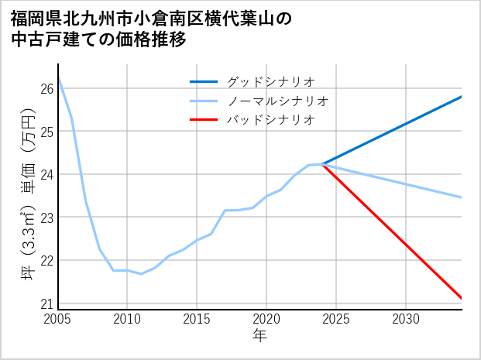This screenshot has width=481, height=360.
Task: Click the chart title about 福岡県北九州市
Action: (x=151, y=29)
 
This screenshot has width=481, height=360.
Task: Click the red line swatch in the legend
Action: (x=204, y=120)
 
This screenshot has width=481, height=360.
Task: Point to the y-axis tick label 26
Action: (x=46, y=89)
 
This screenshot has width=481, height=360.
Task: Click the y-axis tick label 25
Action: (x=46, y=132)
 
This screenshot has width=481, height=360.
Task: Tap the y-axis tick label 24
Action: (x=46, y=175)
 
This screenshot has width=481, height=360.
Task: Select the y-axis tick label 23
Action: (x=46, y=218)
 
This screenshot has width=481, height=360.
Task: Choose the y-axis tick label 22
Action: (x=46, y=261)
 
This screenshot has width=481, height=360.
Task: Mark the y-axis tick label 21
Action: (x=46, y=303)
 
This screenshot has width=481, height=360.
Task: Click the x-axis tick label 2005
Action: (x=58, y=319)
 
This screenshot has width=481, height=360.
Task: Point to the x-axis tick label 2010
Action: (x=128, y=319)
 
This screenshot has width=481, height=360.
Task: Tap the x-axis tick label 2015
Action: (x=198, y=319)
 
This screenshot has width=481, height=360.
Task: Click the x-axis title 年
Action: (x=259, y=336)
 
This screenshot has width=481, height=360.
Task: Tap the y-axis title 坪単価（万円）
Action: (x=28, y=193)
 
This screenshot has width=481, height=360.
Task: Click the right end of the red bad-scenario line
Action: (x=461, y=297)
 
